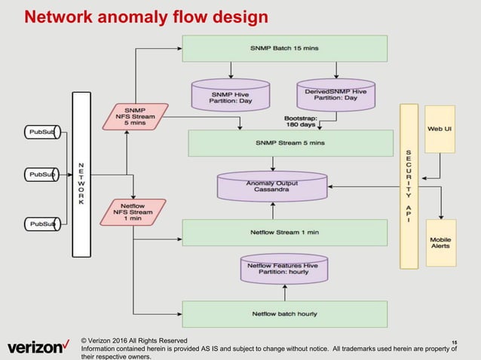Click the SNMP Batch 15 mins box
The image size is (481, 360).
tap(284, 48)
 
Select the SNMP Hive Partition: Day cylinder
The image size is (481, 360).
tap(231, 95)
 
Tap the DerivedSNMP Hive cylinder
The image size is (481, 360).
tap(330, 95)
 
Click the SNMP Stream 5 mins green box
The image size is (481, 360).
tap(290, 142)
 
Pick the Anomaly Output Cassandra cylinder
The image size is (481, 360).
tap(271, 185)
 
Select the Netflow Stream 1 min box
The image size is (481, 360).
tap(284, 232)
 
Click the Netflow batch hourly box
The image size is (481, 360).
tap(284, 313)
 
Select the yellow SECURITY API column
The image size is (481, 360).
tap(409, 185)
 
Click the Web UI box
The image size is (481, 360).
tap(440, 129)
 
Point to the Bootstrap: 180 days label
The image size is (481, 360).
tap(300, 121)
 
